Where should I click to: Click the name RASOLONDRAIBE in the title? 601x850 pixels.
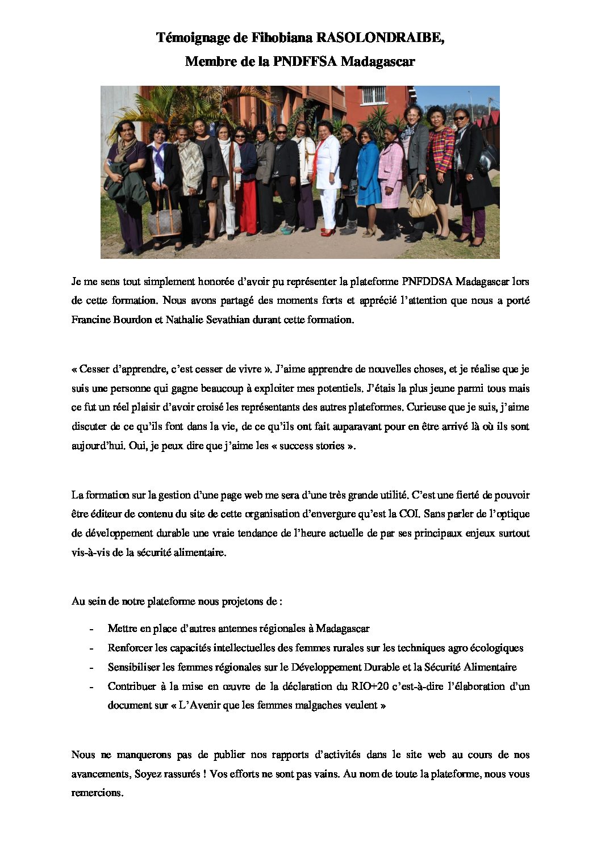pos(379,37)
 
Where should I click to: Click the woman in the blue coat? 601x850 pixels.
pos(368,173)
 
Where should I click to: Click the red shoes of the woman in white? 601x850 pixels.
pos(328,232)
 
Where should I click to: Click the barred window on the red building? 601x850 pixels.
pos(373,94)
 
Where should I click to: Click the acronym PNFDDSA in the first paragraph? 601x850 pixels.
pos(427,281)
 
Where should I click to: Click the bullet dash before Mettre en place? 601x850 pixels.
pos(91,629)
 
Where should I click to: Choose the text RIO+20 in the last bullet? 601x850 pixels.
pos(370,686)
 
